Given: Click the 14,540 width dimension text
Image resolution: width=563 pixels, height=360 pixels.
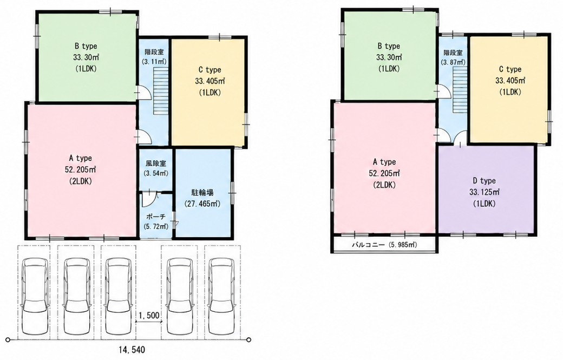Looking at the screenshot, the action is [x=132, y=349].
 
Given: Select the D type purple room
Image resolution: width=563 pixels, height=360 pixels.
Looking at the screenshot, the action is [x=487, y=188].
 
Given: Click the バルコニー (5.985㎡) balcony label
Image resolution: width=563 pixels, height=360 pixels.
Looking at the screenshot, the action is [x=383, y=245].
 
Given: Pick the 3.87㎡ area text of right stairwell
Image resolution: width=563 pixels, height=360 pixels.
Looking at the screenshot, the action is [x=453, y=62].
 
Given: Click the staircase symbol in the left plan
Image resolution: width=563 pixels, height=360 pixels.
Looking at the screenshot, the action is [x=160, y=92].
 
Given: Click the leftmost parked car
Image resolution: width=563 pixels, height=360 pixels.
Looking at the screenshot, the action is [x=34, y=295].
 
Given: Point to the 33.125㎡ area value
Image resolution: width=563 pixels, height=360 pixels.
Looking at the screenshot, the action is [x=483, y=192].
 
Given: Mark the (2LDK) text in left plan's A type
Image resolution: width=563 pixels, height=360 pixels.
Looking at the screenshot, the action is [x=81, y=181].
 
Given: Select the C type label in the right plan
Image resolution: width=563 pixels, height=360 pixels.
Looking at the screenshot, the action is [x=510, y=69].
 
